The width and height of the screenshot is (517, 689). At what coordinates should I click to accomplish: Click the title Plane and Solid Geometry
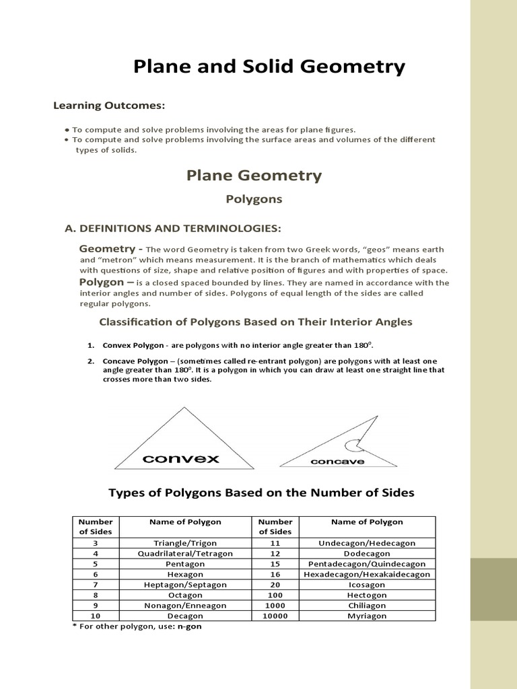coord(269,67)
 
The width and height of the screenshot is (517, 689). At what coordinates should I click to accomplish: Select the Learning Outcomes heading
coord(109,106)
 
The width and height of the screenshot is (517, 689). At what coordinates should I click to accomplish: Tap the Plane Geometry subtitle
coord(254,176)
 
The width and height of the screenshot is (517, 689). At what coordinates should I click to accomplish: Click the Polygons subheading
coord(254,199)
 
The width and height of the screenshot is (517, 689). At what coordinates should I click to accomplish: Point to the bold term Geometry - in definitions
coord(111,249)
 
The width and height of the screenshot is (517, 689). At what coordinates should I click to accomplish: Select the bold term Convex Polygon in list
coord(133,345)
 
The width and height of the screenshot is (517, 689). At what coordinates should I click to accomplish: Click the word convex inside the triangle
coord(181,459)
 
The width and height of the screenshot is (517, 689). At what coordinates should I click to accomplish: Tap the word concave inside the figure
coord(337,462)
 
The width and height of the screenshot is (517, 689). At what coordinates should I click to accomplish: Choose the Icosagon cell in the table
coord(367,585)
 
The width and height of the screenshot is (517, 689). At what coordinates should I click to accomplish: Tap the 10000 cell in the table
coord(275,616)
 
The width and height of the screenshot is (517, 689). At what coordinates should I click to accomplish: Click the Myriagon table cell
coord(367,616)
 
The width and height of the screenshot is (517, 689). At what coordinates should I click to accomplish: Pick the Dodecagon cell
coord(367,553)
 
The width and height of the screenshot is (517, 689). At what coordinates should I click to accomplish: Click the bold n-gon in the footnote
coord(189,626)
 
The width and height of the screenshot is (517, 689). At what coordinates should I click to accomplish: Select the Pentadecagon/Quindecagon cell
coord(367,564)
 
